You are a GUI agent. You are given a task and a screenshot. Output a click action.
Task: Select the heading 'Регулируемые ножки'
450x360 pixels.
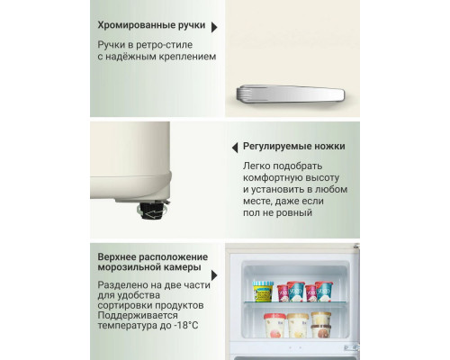pyautogui.click(x=295, y=146)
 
